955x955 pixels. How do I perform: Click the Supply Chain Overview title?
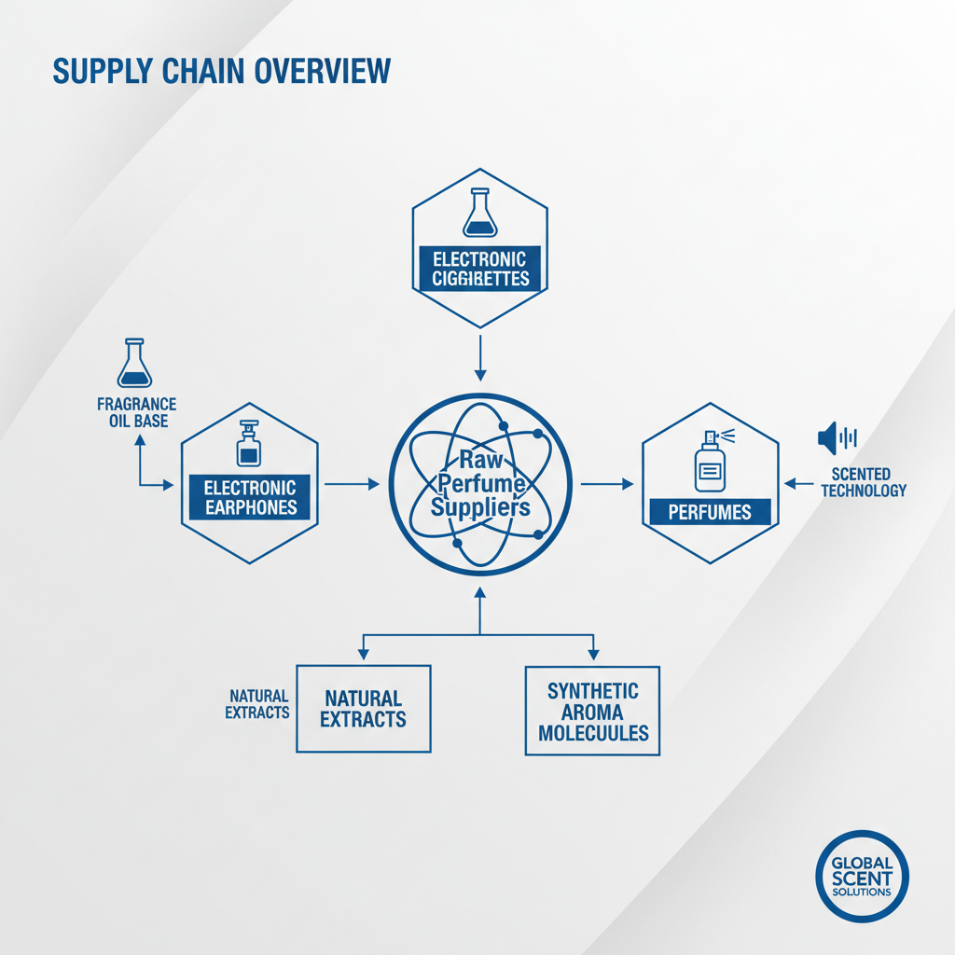click(x=220, y=71)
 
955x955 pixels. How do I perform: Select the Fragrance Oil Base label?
click(x=137, y=412)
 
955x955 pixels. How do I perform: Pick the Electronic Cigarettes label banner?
click(x=479, y=269)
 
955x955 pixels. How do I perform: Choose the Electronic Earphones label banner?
click(x=250, y=497)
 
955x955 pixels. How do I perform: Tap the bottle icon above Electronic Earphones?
click(x=249, y=444)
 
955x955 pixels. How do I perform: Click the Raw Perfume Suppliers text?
click(x=480, y=483)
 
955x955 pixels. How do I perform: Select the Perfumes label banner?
click(x=711, y=512)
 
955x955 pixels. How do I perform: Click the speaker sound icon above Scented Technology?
click(x=837, y=437)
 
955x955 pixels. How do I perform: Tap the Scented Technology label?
click(x=863, y=482)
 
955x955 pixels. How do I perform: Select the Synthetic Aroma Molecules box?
click(x=592, y=710)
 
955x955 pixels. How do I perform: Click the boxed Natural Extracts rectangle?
click(x=363, y=708)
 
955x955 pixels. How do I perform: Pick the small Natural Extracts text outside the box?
click(x=257, y=704)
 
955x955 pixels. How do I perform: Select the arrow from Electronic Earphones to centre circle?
click(x=351, y=483)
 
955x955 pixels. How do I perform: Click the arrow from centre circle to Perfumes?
click(x=607, y=484)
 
